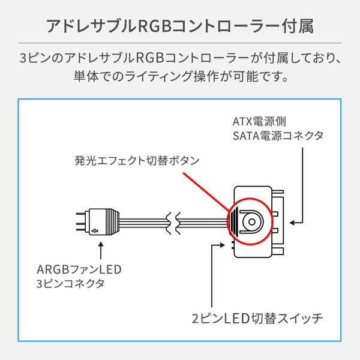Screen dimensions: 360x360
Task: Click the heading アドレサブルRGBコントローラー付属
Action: [x=180, y=26]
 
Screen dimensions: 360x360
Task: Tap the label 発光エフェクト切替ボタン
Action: [x=137, y=160]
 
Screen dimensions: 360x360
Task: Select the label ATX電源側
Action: [x=259, y=121]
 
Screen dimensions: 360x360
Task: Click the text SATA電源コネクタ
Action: [x=278, y=136]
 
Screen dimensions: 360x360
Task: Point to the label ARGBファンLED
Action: [x=79, y=269]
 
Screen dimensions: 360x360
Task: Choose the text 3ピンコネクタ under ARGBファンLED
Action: [x=70, y=284]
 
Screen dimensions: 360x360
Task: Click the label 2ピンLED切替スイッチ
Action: [x=257, y=319]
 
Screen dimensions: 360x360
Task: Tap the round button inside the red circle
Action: [x=252, y=222]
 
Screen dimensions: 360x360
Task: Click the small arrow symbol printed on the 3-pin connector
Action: [x=95, y=230]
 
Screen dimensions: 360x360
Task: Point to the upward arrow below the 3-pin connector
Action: [x=101, y=250]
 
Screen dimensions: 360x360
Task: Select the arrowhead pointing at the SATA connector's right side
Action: [x=292, y=223]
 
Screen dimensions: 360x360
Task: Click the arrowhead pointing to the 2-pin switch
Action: [x=222, y=245]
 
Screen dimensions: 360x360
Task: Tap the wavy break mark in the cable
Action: [x=173, y=223]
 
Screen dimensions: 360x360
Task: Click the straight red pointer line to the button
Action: [x=206, y=192]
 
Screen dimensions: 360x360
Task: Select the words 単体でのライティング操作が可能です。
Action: [x=181, y=76]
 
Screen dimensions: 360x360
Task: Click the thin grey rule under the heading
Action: [x=180, y=43]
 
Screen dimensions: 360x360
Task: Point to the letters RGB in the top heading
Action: [x=154, y=26]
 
